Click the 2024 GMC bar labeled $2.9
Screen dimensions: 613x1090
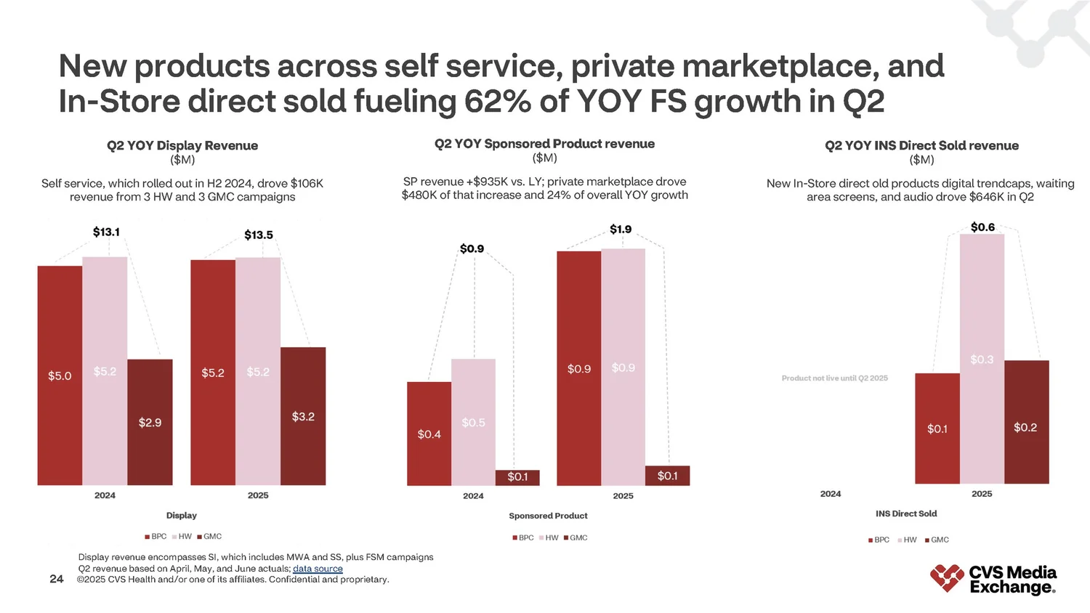tap(150, 422)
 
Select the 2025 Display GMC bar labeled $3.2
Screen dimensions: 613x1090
tap(303, 416)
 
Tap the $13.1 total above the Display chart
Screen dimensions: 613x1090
tap(106, 232)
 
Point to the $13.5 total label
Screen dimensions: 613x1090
tap(259, 235)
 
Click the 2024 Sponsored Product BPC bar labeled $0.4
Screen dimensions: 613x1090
tap(429, 434)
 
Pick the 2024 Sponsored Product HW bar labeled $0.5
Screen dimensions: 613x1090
tap(473, 422)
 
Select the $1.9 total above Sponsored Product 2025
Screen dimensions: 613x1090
tap(621, 229)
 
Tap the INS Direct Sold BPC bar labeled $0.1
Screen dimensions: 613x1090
tap(937, 429)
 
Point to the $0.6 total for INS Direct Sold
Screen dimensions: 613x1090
tap(982, 227)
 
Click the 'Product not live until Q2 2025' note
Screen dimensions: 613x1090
tap(834, 378)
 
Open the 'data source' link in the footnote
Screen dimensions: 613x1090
tap(318, 569)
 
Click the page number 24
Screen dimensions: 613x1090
tap(56, 579)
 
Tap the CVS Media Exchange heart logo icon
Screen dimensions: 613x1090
tap(947, 578)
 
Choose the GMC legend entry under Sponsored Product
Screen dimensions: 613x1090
tap(576, 538)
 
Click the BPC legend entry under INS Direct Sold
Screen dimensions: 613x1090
tap(879, 540)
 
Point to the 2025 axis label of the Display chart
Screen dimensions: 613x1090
tap(258, 495)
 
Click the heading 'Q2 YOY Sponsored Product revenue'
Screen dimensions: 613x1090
tap(544, 144)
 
